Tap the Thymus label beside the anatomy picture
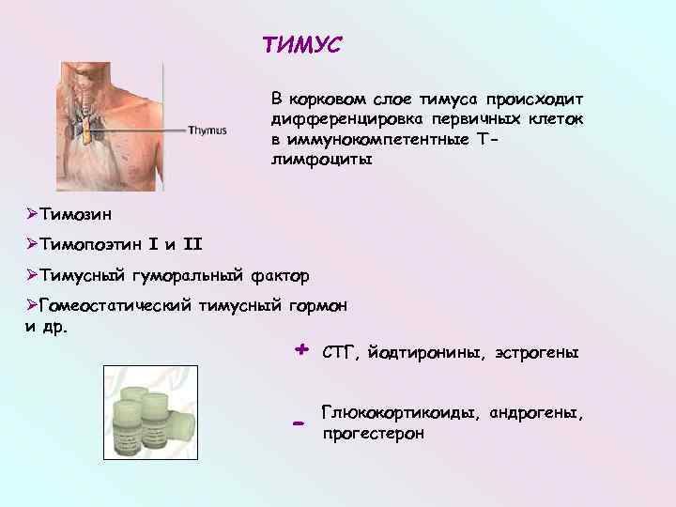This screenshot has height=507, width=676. coord(207,131)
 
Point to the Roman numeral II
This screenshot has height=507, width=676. coord(192,245)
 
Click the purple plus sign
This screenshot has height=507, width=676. coord(300,349)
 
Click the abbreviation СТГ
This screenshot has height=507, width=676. coord(337,354)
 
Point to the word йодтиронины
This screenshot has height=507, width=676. coord(422,354)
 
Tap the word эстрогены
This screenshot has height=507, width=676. coord(533,354)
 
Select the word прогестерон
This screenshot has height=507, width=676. coord(373,434)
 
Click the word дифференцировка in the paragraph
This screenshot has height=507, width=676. coord(345,120)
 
